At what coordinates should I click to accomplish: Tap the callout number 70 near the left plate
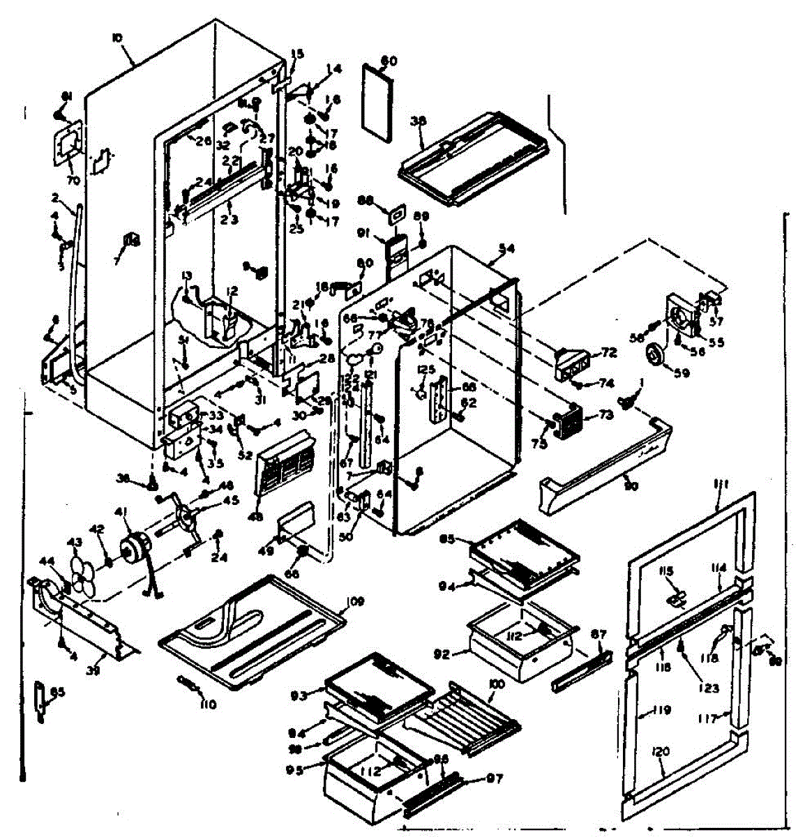pyautogui.click(x=73, y=181)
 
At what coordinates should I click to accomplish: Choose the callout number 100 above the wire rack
pyautogui.click(x=496, y=685)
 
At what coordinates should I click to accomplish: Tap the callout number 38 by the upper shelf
pyautogui.click(x=418, y=120)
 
